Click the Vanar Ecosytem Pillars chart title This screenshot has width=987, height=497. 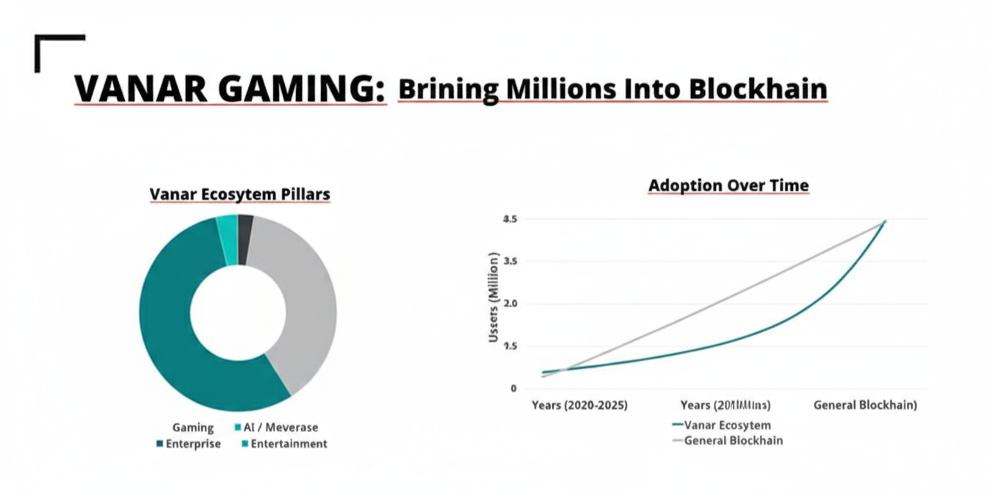(240, 194)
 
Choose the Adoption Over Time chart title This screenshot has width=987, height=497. (728, 186)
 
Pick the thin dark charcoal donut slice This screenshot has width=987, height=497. (245, 229)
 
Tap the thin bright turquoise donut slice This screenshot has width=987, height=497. (228, 230)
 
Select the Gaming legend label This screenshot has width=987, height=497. (192, 427)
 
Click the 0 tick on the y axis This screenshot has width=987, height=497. (513, 388)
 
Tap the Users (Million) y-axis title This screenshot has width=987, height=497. (494, 297)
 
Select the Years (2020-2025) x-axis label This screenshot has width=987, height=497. (579, 405)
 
